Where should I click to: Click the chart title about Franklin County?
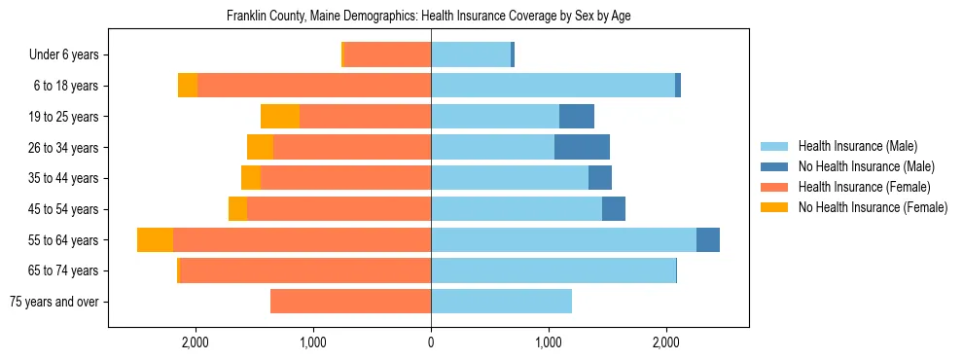click(428, 17)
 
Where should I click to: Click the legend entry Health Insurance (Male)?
click(857, 146)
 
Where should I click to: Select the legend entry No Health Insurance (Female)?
click(873, 207)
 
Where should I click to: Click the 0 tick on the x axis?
click(431, 343)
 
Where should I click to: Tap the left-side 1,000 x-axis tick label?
click(313, 343)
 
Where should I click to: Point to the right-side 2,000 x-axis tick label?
click(665, 343)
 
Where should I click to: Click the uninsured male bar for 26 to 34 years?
click(582, 147)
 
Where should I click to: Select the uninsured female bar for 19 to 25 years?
click(280, 117)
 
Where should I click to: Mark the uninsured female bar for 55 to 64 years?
click(155, 240)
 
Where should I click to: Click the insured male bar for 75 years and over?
click(501, 302)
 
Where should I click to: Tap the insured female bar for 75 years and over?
click(350, 302)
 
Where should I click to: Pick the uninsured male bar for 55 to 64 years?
click(708, 240)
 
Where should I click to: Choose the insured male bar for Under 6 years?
click(471, 55)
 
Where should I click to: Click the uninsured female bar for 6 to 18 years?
click(188, 86)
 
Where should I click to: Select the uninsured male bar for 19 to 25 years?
click(577, 117)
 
